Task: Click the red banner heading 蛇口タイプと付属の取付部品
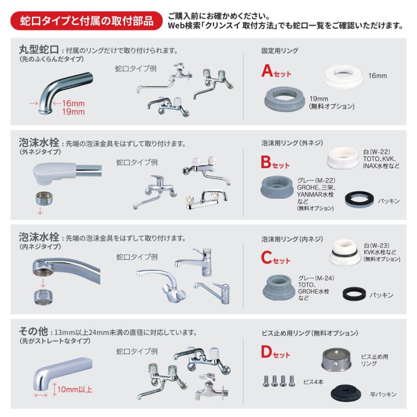pyautogui.click(x=87, y=21)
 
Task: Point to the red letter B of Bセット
pyautogui.click(x=266, y=162)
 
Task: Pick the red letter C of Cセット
pyautogui.click(x=266, y=257)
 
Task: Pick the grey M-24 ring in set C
pyautogui.click(x=278, y=286)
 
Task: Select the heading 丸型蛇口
pyautogui.click(x=38, y=50)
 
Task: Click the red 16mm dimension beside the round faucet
pyautogui.click(x=73, y=103)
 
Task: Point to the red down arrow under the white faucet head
pyautogui.click(x=39, y=211)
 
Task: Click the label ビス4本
pyautogui.click(x=314, y=382)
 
